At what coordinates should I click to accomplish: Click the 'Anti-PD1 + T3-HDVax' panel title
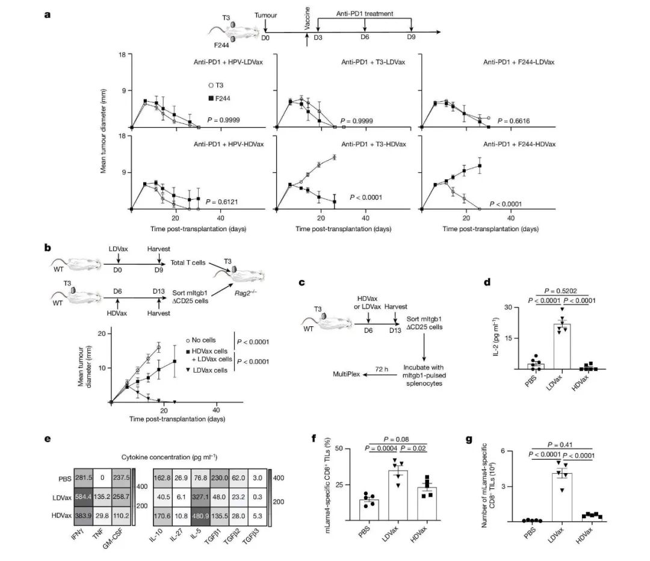(373, 144)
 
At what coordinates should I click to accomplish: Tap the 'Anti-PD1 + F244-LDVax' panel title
(518, 62)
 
